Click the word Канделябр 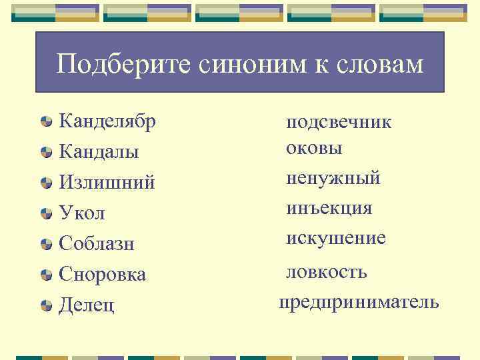click(x=107, y=121)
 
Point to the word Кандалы click(x=99, y=152)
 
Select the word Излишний click(x=107, y=182)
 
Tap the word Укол click(x=82, y=213)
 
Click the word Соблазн click(x=97, y=244)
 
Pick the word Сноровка click(x=102, y=274)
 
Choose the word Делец click(x=87, y=305)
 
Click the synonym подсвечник click(x=339, y=123)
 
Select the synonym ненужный click(x=333, y=178)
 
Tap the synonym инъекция click(x=329, y=208)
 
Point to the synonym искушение click(x=336, y=238)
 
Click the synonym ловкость click(x=327, y=272)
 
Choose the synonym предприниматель click(x=359, y=303)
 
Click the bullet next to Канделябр click(x=46, y=122)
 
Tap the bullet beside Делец click(x=46, y=306)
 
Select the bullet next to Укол click(x=46, y=214)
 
